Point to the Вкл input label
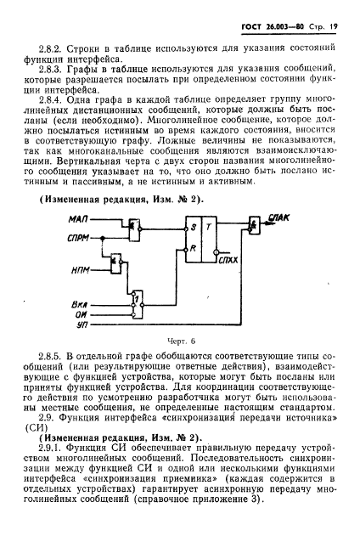pos(81,302)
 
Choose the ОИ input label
pos(82,313)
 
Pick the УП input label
pos(82,323)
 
